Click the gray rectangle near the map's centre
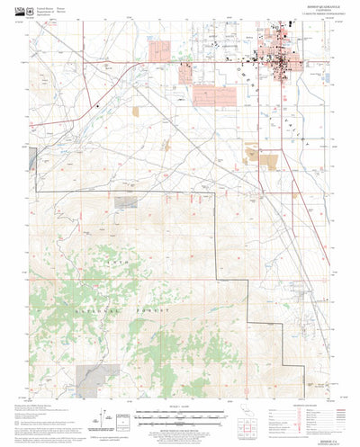point(127,201)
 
